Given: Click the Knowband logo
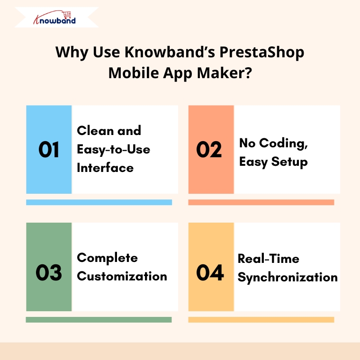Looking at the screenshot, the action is (54, 18).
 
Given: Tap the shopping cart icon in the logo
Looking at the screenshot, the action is (67, 15).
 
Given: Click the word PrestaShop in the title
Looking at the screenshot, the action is (262, 53).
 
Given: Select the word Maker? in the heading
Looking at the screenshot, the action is (225, 73).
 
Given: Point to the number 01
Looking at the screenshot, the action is (49, 150).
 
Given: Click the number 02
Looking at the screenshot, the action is (209, 150).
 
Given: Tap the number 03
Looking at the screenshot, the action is (49, 272).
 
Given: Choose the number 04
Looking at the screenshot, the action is (210, 272).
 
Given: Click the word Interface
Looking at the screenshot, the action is (105, 168).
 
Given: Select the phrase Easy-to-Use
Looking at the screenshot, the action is (114, 150).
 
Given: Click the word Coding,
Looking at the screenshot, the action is (283, 144).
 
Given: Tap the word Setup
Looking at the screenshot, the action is (289, 162).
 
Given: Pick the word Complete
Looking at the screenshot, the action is (107, 258).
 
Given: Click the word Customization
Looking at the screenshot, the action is (122, 276).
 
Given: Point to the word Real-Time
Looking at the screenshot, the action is (269, 259).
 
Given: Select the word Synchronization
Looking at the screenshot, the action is (288, 278).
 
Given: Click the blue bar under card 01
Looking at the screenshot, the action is (99, 202).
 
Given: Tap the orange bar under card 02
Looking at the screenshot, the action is (261, 202).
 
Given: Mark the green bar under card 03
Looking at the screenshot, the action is (99, 320).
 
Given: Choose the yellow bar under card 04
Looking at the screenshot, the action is (261, 320).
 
